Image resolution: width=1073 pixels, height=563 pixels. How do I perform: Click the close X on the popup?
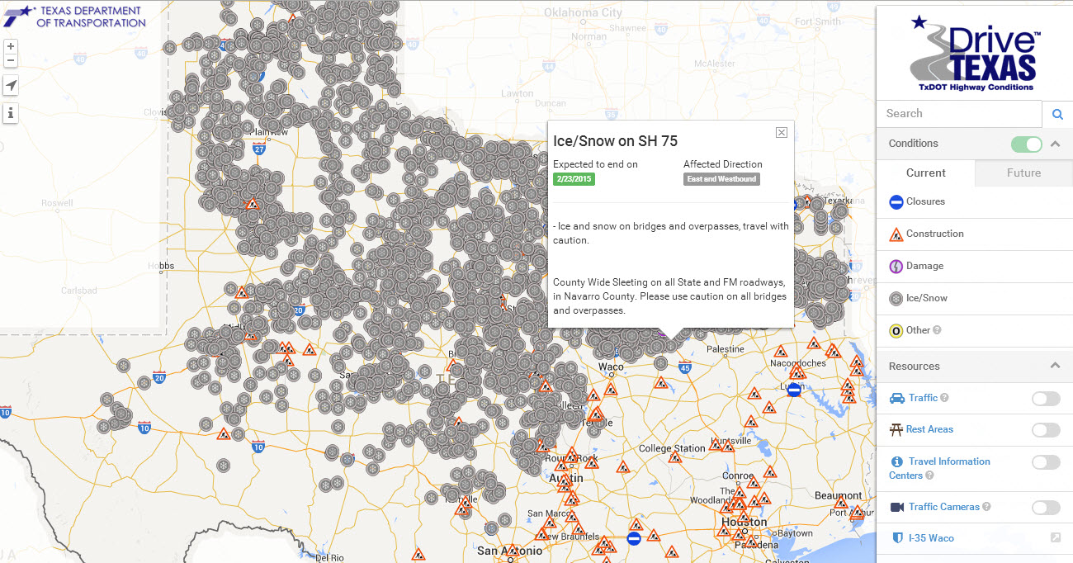coord(781,132)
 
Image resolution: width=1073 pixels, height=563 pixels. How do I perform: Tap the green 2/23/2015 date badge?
coord(574,179)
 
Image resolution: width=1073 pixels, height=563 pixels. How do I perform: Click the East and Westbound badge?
coord(721,179)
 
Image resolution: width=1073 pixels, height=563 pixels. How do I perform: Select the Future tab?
coord(1023,173)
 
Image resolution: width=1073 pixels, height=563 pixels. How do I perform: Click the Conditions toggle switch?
coord(1027,144)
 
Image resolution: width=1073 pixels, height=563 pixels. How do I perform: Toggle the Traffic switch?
coord(1045,399)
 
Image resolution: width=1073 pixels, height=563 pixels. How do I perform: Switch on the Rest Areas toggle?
coord(1045,430)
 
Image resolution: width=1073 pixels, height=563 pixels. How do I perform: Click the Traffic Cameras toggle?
coord(1045,508)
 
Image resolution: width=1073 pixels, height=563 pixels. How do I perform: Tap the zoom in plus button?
coord(11,46)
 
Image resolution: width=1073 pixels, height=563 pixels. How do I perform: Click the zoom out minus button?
coord(11,60)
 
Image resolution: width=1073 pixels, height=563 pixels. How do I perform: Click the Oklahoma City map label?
coord(583,13)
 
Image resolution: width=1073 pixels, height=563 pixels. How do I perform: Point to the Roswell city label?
coord(56,202)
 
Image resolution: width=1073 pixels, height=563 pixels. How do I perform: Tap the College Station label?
coord(672,448)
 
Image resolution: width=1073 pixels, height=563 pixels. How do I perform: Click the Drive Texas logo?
coord(974,54)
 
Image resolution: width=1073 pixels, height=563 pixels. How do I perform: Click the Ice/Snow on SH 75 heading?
coord(615,141)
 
